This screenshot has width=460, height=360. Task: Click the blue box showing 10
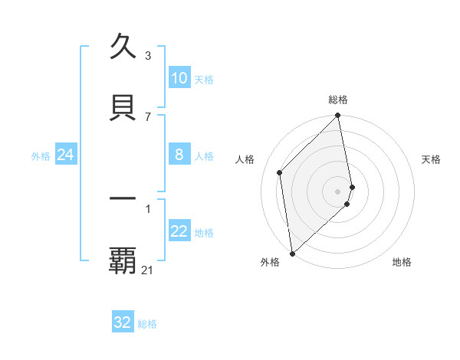[x=179, y=78]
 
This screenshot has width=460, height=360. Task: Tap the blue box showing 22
[x=179, y=232]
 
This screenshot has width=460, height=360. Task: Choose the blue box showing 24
[x=66, y=155]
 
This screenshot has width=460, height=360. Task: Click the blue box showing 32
[x=123, y=322]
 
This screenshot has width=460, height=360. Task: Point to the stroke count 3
[x=148, y=55]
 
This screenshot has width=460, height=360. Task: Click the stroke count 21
[x=148, y=270]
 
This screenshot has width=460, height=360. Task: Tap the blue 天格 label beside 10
[x=204, y=80]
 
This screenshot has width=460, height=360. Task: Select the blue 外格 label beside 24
[x=41, y=156]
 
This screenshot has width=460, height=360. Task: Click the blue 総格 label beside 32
[x=147, y=324]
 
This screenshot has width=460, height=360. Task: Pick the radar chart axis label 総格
[x=338, y=100]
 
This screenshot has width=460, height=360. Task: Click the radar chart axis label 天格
[x=432, y=159]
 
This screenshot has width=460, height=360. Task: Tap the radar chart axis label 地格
[x=402, y=262]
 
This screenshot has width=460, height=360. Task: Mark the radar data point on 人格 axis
[x=280, y=172]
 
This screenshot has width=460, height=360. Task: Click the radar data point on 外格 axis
[x=291, y=253]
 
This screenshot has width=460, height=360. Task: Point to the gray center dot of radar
[x=338, y=191]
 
